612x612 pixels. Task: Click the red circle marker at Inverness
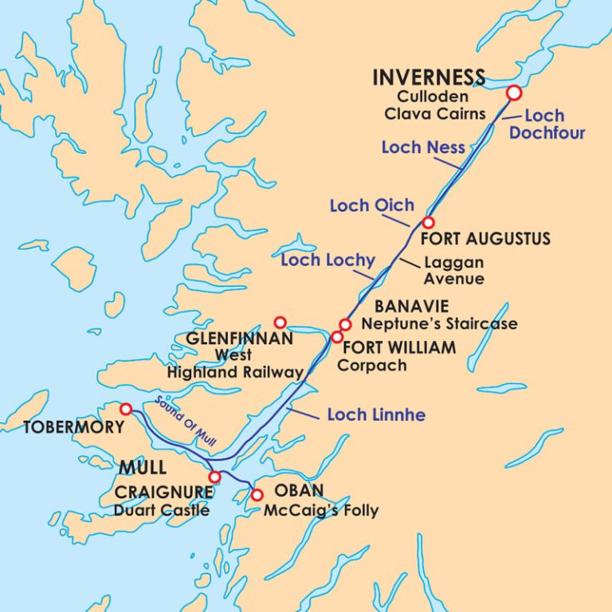(514, 93)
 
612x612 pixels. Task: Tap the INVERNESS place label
(429, 78)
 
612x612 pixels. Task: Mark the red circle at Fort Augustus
(428, 222)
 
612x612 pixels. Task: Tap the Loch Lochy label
(328, 261)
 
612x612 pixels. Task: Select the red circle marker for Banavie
(345, 324)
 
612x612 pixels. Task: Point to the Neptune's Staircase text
(438, 324)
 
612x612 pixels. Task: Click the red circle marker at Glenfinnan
(280, 322)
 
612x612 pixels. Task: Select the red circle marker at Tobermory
(126, 409)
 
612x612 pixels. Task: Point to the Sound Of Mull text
(188, 422)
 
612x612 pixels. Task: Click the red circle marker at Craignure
(214, 477)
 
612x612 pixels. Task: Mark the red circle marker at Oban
(257, 495)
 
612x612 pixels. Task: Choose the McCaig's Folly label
(320, 511)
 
